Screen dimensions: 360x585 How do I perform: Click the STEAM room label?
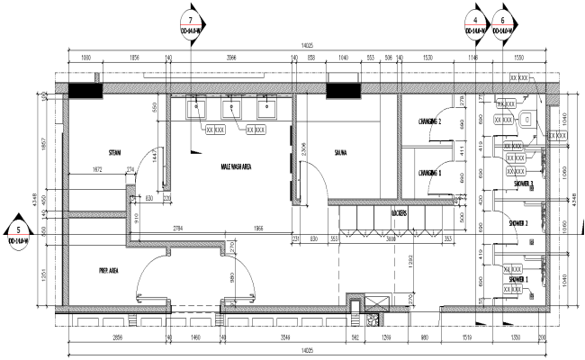[114, 151]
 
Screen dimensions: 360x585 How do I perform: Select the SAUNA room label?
[340, 152]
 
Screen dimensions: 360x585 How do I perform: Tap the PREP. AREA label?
[111, 269]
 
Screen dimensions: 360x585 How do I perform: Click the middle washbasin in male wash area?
[231, 110]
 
